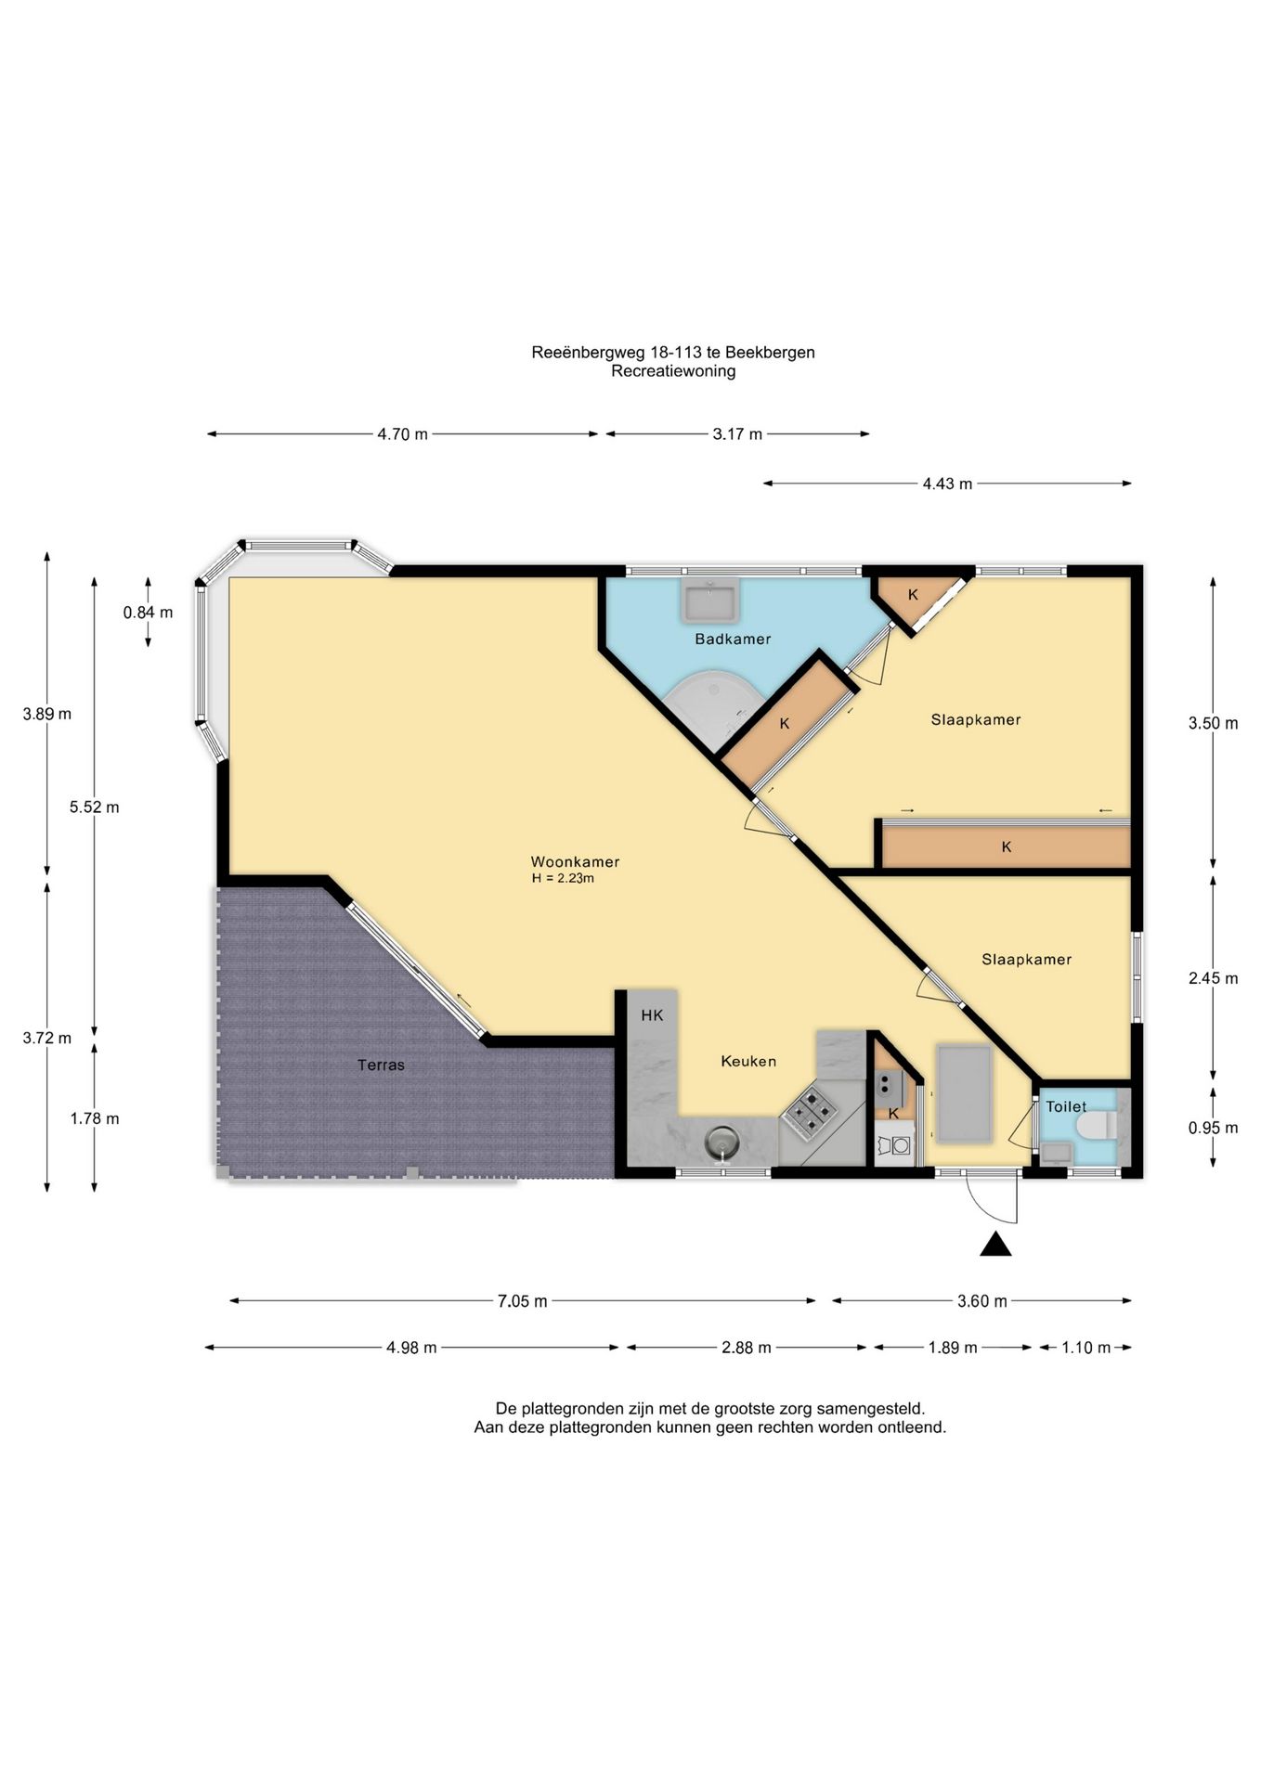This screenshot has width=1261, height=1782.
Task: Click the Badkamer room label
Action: (733, 639)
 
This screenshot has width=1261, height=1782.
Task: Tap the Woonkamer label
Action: (575, 861)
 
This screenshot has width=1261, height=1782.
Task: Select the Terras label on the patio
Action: (381, 1065)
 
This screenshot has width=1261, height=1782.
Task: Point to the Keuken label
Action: (748, 1061)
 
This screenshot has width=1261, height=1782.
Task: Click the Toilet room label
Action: (1066, 1106)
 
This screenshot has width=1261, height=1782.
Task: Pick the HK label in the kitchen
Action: (652, 1015)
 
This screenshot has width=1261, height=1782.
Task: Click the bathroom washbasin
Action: (710, 600)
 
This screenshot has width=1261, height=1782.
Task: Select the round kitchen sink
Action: (721, 1141)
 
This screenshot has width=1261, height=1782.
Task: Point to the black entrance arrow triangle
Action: (995, 1245)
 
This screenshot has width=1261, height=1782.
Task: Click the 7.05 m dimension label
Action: (522, 1301)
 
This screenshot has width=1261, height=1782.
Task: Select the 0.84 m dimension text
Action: (148, 613)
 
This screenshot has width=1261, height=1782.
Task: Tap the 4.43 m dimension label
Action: (947, 484)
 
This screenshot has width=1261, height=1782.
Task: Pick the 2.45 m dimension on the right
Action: (1213, 978)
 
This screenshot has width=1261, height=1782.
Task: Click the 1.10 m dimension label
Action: (1085, 1348)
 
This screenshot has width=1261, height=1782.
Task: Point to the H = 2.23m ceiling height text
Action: (563, 878)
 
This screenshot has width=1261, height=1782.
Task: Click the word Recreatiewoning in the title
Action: (673, 371)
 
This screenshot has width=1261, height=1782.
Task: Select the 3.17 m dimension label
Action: (737, 433)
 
